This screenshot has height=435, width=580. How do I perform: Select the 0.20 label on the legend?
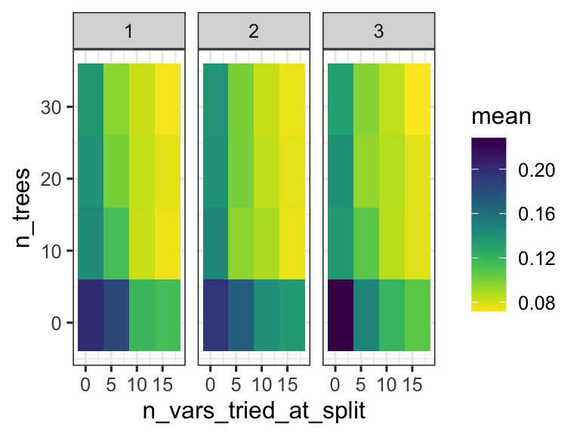pyautogui.click(x=537, y=171)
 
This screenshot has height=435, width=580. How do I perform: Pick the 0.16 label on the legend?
pyautogui.click(x=537, y=214)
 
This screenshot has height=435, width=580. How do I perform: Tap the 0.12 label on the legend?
pyautogui.click(x=537, y=259)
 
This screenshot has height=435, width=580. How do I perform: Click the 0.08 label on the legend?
pyautogui.click(x=537, y=303)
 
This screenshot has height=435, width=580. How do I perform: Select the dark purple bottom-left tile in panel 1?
pyautogui.click(x=91, y=315)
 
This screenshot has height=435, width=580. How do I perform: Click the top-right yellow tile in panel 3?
pyautogui.click(x=418, y=99)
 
